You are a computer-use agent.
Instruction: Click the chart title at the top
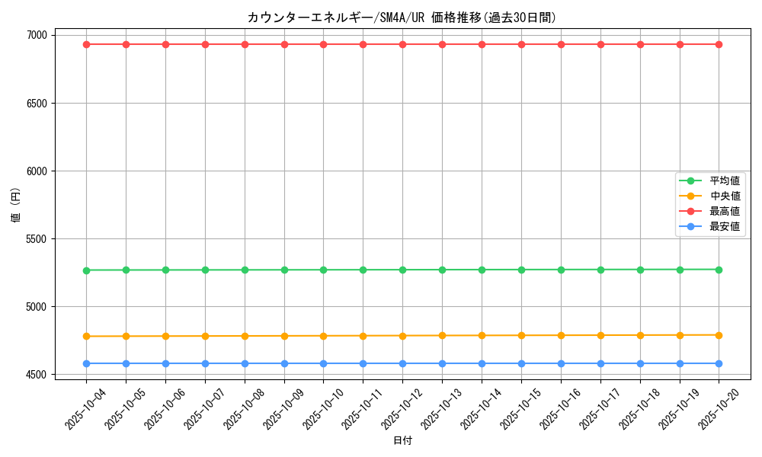click(x=402, y=18)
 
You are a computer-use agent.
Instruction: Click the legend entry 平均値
click(x=725, y=181)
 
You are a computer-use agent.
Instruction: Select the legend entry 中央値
click(x=725, y=196)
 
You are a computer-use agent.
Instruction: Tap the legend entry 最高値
click(x=725, y=211)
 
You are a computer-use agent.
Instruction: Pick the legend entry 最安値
click(x=725, y=226)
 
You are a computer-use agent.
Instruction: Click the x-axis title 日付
click(x=402, y=440)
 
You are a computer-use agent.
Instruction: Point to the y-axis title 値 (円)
click(x=16, y=205)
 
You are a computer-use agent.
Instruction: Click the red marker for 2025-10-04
click(x=86, y=44)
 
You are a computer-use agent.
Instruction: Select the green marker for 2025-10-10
click(x=323, y=270)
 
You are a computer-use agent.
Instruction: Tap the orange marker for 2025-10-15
click(x=521, y=335)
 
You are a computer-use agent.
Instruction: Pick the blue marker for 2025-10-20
click(x=719, y=363)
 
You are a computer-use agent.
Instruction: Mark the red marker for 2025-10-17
click(x=600, y=44)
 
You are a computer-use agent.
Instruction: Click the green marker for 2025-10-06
click(x=165, y=270)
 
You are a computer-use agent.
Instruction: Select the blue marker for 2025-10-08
click(x=245, y=363)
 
